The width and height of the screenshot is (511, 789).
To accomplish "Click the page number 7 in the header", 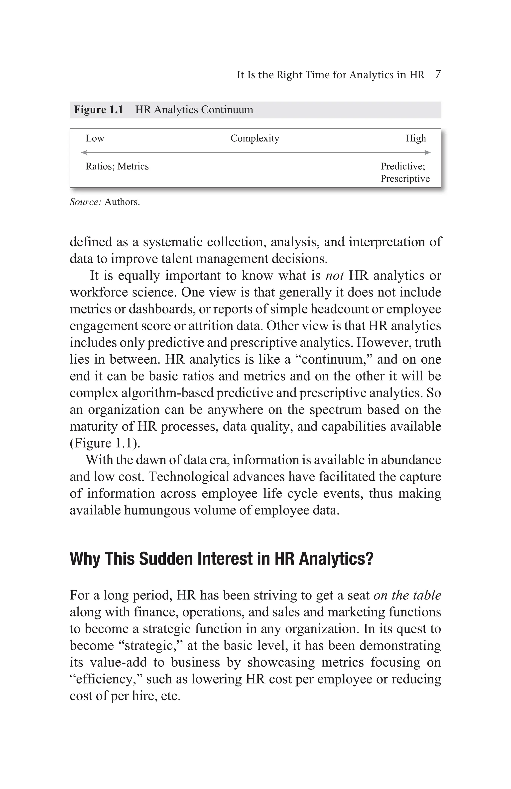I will (437, 75).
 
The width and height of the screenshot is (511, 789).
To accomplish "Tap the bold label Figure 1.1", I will (98, 110).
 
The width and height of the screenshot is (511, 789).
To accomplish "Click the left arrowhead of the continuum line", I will (84, 153).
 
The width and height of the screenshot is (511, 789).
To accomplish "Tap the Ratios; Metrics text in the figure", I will (117, 166).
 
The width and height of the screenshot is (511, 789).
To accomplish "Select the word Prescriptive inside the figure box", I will (405, 179).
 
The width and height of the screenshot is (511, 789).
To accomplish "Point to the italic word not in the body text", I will (335, 276).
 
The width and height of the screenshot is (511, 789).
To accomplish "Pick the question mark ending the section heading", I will (370, 559).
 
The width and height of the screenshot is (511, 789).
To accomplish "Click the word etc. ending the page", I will (170, 696).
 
